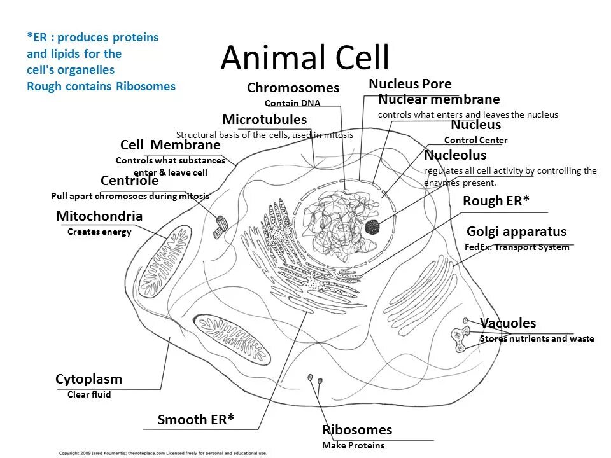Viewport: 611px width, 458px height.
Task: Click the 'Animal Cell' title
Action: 305,59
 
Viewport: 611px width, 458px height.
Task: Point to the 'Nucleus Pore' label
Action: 410,84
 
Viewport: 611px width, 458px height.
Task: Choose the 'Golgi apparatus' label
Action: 516,232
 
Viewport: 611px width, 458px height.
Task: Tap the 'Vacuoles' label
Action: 508,323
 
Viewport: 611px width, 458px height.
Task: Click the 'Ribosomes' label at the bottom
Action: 357,430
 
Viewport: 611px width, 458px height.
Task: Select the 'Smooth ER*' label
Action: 196,419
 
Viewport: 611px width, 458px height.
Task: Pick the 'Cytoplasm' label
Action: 88,379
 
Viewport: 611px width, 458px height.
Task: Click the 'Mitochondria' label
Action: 99,216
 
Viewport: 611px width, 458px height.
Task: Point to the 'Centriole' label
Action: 130,181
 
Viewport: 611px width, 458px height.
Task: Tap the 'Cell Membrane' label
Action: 170,145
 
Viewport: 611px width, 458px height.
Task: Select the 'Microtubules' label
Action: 264,120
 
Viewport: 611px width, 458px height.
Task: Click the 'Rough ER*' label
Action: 496,201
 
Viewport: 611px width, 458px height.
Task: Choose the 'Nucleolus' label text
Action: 455,155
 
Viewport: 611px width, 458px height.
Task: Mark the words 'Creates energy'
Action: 99,232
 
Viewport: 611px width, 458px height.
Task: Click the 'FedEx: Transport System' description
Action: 517,247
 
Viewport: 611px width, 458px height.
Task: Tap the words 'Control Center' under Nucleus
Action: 475,140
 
